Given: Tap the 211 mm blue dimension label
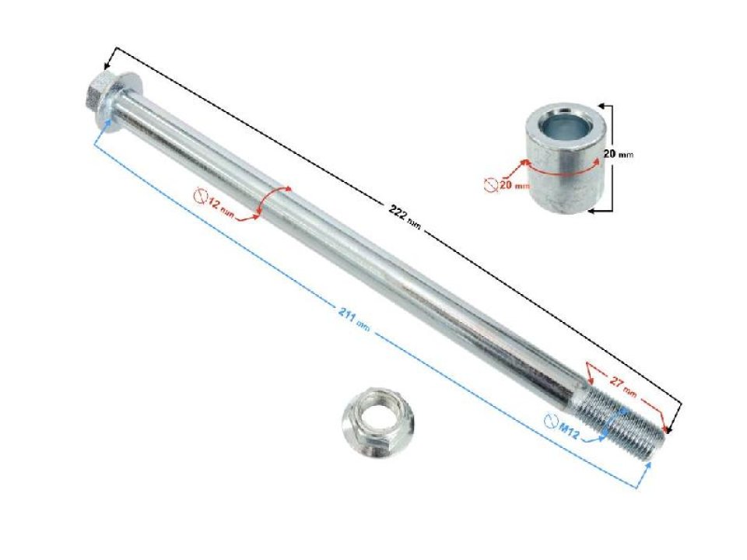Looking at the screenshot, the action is coord(353,320).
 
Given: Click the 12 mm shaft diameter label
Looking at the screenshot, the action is coord(220,208).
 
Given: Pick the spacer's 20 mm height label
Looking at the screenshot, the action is coord(619,154).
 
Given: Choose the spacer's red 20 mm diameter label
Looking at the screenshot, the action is coord(514,185).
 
